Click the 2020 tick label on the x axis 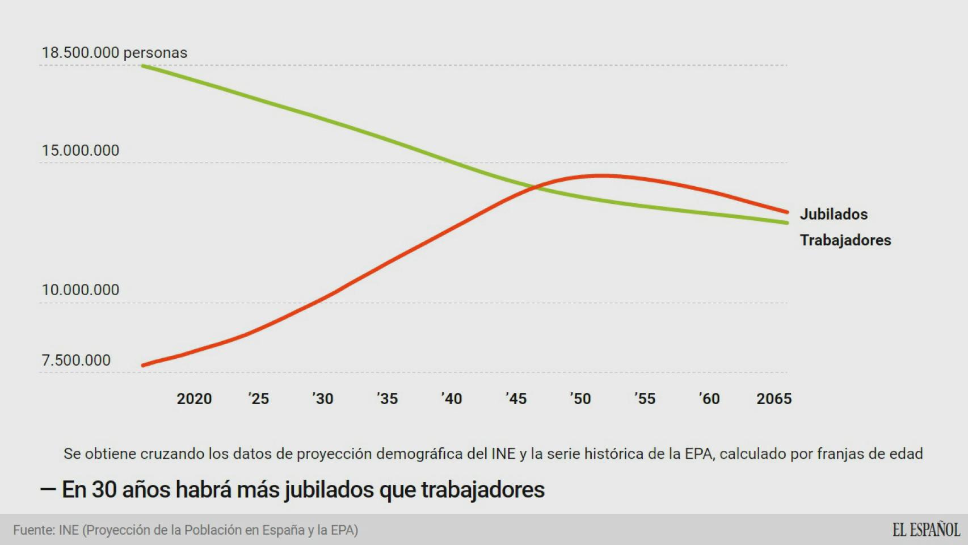(194, 399)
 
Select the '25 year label (259, 399)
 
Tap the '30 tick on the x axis (323, 399)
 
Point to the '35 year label (388, 399)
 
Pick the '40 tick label (452, 399)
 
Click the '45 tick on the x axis (516, 399)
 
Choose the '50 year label (580, 399)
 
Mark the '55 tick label (645, 399)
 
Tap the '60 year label (709, 399)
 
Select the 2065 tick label (774, 399)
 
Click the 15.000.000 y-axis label (81, 150)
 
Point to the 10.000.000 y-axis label (81, 290)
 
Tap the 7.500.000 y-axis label (76, 360)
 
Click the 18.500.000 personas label (114, 53)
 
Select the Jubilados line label (834, 214)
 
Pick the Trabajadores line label (845, 240)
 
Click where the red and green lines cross (534, 186)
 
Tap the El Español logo (926, 530)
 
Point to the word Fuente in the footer (34, 530)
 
